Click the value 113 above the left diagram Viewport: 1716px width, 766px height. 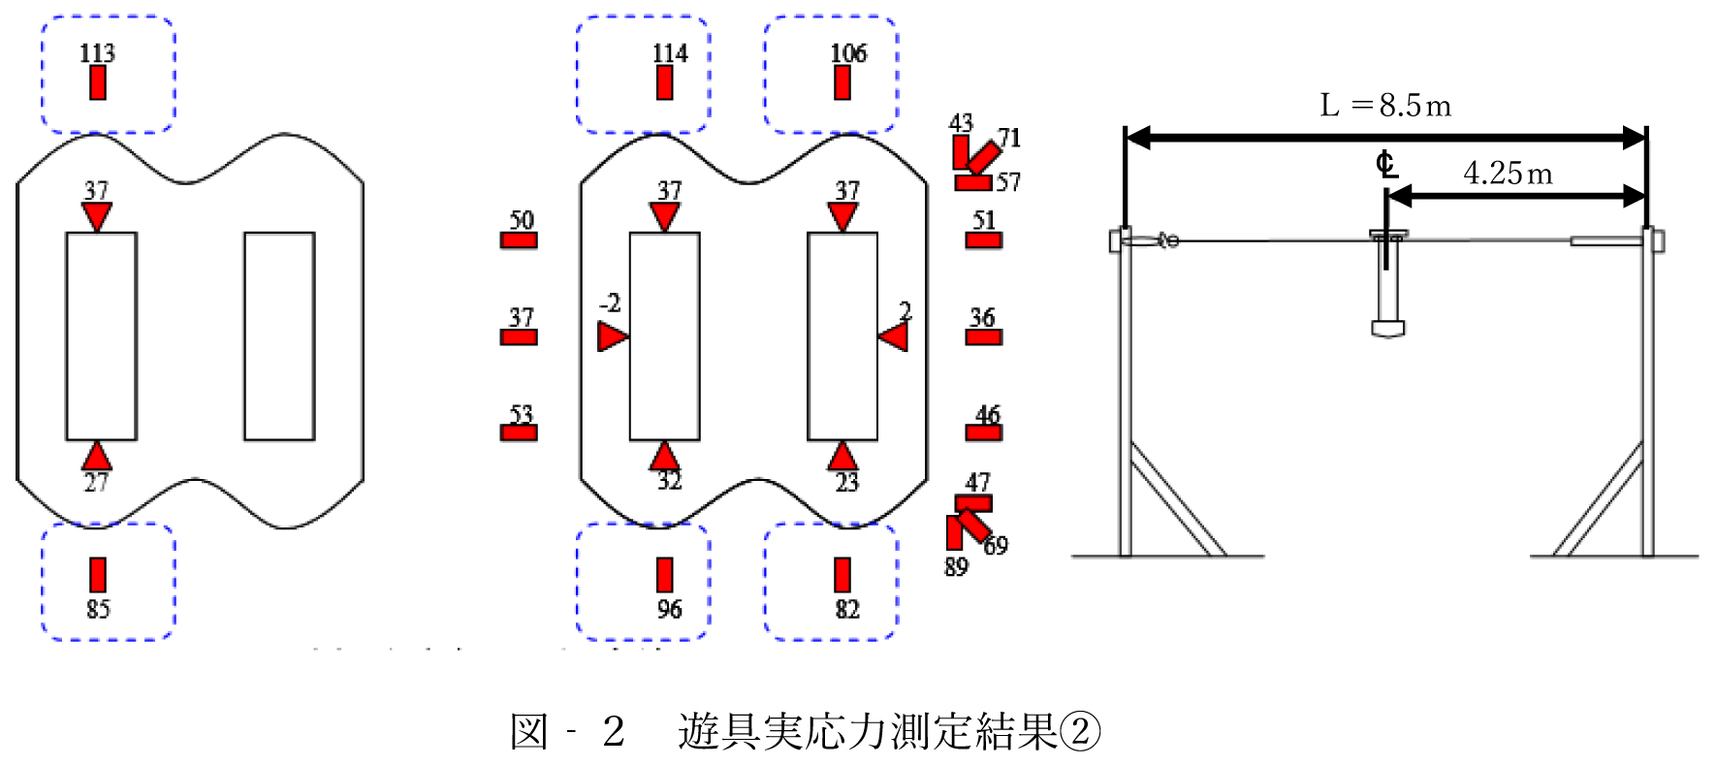coord(97,52)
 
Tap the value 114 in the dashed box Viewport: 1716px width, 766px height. coord(670,52)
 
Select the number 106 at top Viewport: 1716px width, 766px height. coord(848,52)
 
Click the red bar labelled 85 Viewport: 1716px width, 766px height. coord(98,575)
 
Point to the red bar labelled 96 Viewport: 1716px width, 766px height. coord(665,575)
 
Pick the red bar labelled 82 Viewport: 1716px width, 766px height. coord(842,575)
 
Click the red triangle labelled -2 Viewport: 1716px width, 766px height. coord(611,337)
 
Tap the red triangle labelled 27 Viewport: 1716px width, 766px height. coord(96,457)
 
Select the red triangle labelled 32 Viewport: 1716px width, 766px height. coord(664,457)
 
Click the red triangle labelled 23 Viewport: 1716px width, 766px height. coord(842,457)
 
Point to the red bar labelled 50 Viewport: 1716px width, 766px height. coord(519,240)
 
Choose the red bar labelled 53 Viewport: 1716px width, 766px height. coord(519,432)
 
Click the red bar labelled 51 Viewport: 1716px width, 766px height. coord(983,240)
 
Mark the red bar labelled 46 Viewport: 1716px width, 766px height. coord(983,432)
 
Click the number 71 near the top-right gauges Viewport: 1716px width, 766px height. coord(1009,138)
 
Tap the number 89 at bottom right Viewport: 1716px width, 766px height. coord(956,566)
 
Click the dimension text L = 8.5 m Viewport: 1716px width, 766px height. coord(1385,105)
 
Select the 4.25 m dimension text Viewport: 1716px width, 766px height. coord(1508,174)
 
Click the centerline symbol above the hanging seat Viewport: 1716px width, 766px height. coord(1386,165)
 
